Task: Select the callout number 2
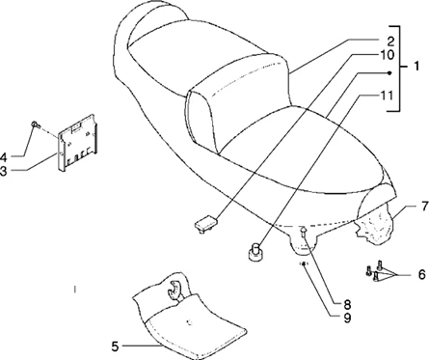tap(390, 42)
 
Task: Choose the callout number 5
tap(115, 345)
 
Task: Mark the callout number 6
tap(420, 274)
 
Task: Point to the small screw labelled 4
tap(35, 125)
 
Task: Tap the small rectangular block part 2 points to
tap(203, 224)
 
